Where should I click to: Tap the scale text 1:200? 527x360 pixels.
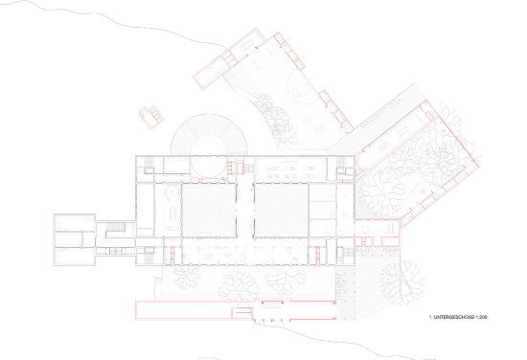coord(482,317)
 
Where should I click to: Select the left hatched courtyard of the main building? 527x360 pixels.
coord(209,211)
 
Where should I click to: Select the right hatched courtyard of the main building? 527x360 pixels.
coord(282,211)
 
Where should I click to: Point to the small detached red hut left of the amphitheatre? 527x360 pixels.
coord(152,117)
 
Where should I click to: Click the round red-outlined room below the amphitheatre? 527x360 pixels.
coord(208,167)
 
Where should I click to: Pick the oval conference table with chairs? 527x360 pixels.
coord(173,213)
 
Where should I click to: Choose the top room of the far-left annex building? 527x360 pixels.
coord(75,222)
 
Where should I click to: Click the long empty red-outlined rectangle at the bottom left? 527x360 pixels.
coord(184,310)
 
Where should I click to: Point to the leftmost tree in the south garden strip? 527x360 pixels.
coord(186,278)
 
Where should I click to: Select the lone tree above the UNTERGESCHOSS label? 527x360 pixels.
coord(402,282)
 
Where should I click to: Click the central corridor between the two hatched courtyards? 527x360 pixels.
coord(245,211)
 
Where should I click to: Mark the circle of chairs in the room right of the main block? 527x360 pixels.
coord(365,230)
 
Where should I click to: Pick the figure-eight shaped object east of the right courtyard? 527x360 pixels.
coord(345,214)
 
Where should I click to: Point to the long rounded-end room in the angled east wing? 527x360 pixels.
coord(391,139)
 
